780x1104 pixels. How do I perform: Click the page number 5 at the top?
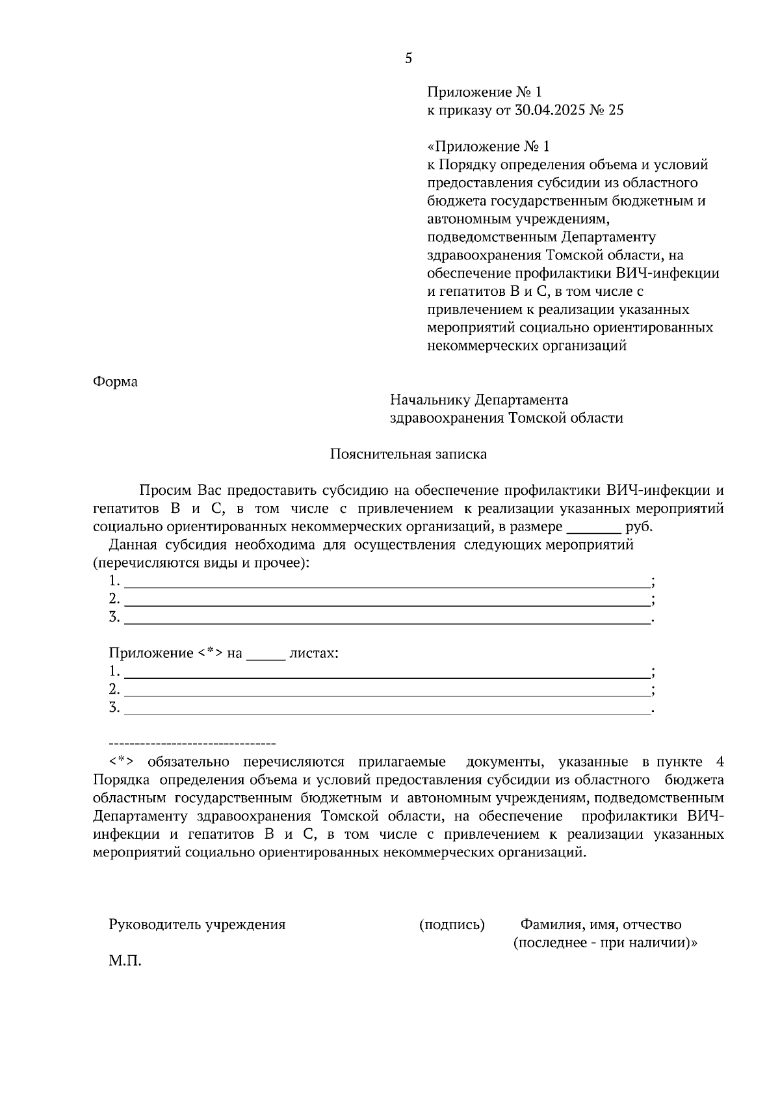pos(408,59)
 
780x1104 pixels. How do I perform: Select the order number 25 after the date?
pos(616,111)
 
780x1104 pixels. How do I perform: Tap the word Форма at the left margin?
pos(115,382)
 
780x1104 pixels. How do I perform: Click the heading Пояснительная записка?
pos(408,454)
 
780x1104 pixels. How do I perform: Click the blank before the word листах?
pos(266,654)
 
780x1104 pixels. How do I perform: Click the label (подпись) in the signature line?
pos(452,925)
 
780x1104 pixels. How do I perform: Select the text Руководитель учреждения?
pos(197,925)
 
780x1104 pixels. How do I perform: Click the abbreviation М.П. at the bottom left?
pos(125,961)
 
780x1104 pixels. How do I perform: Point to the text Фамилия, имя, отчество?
pos(601,925)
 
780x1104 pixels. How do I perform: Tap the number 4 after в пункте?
pos(719,762)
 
